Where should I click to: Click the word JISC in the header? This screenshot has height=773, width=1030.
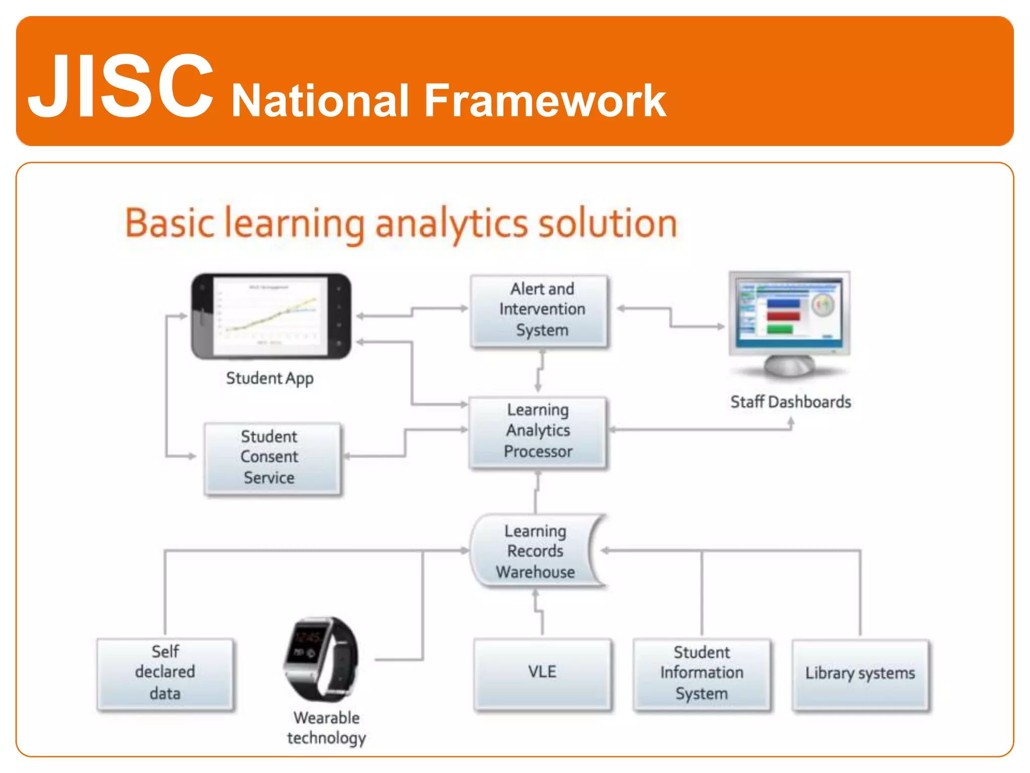[x=121, y=87]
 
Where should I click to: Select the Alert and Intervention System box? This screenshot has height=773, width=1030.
[x=540, y=311]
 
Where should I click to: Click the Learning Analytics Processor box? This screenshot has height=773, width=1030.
[x=538, y=431]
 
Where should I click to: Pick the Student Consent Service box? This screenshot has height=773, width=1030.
[x=272, y=457]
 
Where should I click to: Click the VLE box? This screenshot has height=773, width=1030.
[x=542, y=673]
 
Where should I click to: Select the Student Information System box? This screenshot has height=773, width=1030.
[x=701, y=673]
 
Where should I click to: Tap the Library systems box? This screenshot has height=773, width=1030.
[x=860, y=673]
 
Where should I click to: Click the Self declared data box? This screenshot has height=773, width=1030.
[x=165, y=673]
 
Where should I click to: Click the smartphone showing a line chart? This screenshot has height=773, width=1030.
[x=271, y=316]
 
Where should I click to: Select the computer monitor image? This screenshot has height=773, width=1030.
[x=790, y=322]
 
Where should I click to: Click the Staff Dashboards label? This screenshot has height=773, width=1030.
[x=790, y=402]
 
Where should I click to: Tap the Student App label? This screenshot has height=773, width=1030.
[x=270, y=378]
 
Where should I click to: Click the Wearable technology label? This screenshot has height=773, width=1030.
[x=326, y=728]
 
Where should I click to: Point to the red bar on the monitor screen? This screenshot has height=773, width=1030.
[x=783, y=317]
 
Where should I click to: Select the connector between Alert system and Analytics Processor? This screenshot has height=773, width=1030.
[x=540, y=371]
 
